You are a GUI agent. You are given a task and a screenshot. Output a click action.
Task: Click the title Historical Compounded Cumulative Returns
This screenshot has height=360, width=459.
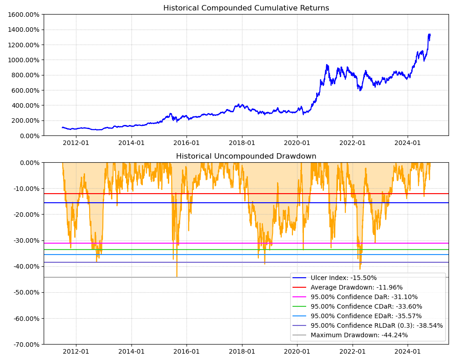(246, 8)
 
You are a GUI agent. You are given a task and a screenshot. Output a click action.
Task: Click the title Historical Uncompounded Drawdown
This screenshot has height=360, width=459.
(246, 156)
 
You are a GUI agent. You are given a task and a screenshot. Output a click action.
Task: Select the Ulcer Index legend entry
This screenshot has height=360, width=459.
(343, 278)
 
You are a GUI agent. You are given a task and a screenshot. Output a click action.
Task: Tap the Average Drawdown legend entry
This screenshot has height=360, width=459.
(356, 287)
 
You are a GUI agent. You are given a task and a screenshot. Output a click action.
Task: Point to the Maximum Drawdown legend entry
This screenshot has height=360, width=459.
(359, 335)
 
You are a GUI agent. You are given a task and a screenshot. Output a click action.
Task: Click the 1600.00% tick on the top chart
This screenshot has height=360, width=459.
(23, 15)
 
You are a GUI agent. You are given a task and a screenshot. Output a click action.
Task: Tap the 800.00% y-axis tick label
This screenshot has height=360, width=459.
(25, 75)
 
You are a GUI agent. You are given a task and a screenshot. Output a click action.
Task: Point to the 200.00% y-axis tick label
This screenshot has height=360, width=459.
(25, 120)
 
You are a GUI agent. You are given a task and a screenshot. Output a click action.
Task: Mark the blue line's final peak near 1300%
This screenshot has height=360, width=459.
(429, 34)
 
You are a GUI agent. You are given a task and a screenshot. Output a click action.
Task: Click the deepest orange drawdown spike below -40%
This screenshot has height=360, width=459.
(177, 276)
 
